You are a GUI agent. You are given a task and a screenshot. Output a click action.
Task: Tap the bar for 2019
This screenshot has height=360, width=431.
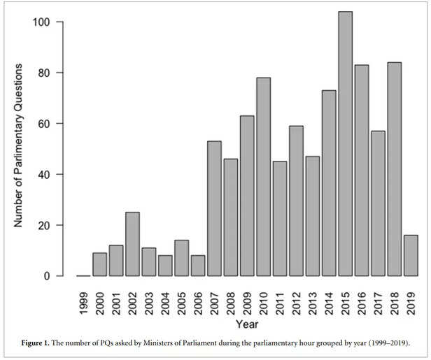coord(411,255)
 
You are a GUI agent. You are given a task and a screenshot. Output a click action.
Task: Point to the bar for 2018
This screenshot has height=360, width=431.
coord(394,168)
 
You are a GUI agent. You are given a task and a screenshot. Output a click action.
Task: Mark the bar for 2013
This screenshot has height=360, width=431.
coord(313,216)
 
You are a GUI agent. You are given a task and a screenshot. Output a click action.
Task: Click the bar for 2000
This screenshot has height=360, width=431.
coord(100,264)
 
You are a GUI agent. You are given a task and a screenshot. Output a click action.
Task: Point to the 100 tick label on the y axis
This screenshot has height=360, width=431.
coord(43,22)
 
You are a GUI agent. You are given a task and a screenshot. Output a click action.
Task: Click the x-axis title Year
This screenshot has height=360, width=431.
coord(247,324)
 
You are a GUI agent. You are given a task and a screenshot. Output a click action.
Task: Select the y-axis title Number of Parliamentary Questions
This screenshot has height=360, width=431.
coord(22,146)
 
